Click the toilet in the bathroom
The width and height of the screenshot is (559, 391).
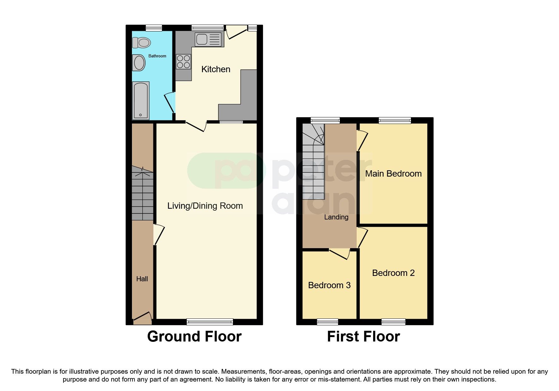[x=141, y=43]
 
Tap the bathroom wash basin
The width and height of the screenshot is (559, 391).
[x=139, y=62]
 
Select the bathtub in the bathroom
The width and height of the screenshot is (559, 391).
[x=140, y=101]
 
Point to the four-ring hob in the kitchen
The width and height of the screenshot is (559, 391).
[x=183, y=62]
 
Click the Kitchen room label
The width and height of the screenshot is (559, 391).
[x=216, y=69]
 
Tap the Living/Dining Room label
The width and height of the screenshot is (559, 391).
[x=205, y=206]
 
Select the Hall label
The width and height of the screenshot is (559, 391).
[x=142, y=279]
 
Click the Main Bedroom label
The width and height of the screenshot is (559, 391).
[x=393, y=174]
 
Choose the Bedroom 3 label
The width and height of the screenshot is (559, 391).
[x=329, y=285]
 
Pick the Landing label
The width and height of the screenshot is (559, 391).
[x=336, y=217]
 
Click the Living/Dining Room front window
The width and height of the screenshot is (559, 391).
[x=210, y=322]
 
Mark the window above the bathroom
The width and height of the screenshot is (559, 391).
[x=154, y=28]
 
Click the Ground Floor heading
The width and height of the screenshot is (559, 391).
[x=194, y=336]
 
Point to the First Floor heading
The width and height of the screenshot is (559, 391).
[x=363, y=336]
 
